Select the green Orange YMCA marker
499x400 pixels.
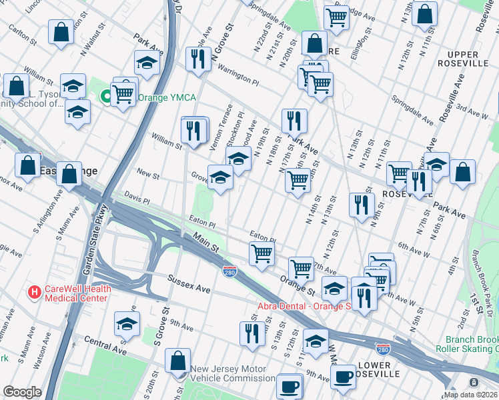(105, 98)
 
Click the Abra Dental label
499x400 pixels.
(304, 307)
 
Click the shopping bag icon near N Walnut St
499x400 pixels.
(61, 33)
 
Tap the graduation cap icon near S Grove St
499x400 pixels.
(126, 325)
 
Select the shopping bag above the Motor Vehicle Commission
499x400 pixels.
(178, 362)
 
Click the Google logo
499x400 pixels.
(22, 392)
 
